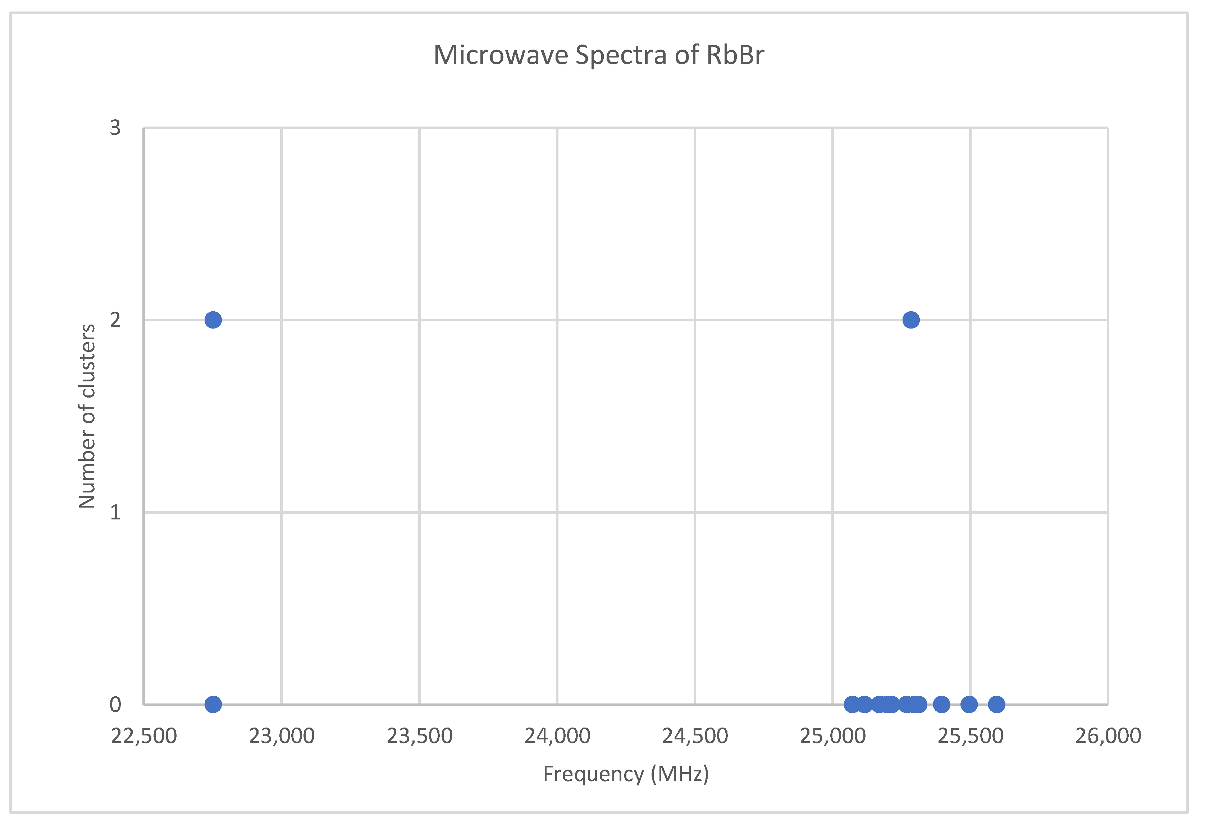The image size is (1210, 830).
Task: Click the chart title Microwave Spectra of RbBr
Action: (x=599, y=55)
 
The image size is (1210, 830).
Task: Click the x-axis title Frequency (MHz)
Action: (x=626, y=774)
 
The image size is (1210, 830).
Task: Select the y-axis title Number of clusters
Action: (x=87, y=416)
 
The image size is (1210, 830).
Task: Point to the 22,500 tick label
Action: (x=144, y=736)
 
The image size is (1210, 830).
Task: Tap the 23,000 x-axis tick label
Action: (x=282, y=736)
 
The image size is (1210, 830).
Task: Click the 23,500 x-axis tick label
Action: (x=419, y=736)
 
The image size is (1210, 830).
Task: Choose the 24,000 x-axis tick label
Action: (x=557, y=736)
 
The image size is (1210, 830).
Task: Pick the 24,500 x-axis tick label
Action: (x=695, y=736)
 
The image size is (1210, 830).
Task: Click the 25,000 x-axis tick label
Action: (x=832, y=736)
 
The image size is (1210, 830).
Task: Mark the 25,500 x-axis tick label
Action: (x=970, y=736)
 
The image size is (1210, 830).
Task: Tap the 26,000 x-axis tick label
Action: (x=1108, y=736)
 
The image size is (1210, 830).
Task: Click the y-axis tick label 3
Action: (x=115, y=128)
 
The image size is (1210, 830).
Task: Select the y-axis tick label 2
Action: (x=115, y=320)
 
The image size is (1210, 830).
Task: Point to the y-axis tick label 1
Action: (x=115, y=512)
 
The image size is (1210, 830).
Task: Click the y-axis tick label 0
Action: (x=115, y=704)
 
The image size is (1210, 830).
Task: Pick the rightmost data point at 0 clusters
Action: (x=996, y=705)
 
